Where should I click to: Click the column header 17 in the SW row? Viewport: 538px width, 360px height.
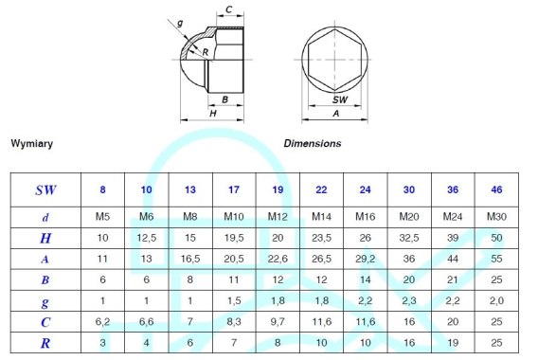[x=234, y=189]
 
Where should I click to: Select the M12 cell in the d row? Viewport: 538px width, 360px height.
[x=278, y=217]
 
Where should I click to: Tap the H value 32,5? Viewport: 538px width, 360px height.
[x=409, y=238]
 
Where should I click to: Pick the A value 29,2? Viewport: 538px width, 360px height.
[x=365, y=259]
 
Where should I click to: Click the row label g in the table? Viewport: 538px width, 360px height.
[x=45, y=302]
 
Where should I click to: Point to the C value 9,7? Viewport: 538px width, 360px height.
[x=278, y=321]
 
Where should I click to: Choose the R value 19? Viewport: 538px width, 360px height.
[x=453, y=343]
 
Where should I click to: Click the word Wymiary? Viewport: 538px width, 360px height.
[x=32, y=143]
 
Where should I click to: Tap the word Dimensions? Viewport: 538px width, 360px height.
[x=313, y=143]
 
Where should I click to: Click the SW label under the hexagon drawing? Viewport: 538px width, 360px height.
[x=340, y=99]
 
